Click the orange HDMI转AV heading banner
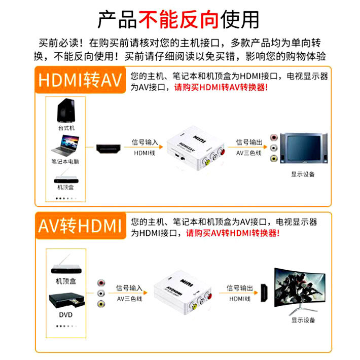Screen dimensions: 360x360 pyautogui.click(x=81, y=81)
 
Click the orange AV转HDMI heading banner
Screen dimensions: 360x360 pyautogui.click(x=81, y=225)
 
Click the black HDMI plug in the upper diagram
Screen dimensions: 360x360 pyautogui.click(x=109, y=149)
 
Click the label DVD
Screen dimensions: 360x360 pyautogui.click(x=65, y=315)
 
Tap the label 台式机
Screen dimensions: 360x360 pyautogui.click(x=66, y=128)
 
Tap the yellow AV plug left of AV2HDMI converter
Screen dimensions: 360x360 pyautogui.click(x=101, y=304)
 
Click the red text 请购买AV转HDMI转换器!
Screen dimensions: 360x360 pyautogui.click(x=233, y=233)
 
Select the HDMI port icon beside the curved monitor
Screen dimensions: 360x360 pyautogui.click(x=263, y=293)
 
